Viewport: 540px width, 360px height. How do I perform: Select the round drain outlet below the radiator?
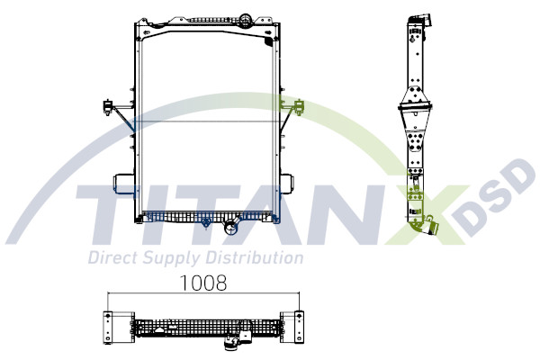[231, 229]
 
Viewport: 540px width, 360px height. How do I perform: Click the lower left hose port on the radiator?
[123, 184]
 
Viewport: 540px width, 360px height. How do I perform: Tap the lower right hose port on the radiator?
[285, 184]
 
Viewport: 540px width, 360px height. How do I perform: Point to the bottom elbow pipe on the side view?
[425, 227]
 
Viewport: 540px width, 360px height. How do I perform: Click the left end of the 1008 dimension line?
[108, 294]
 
